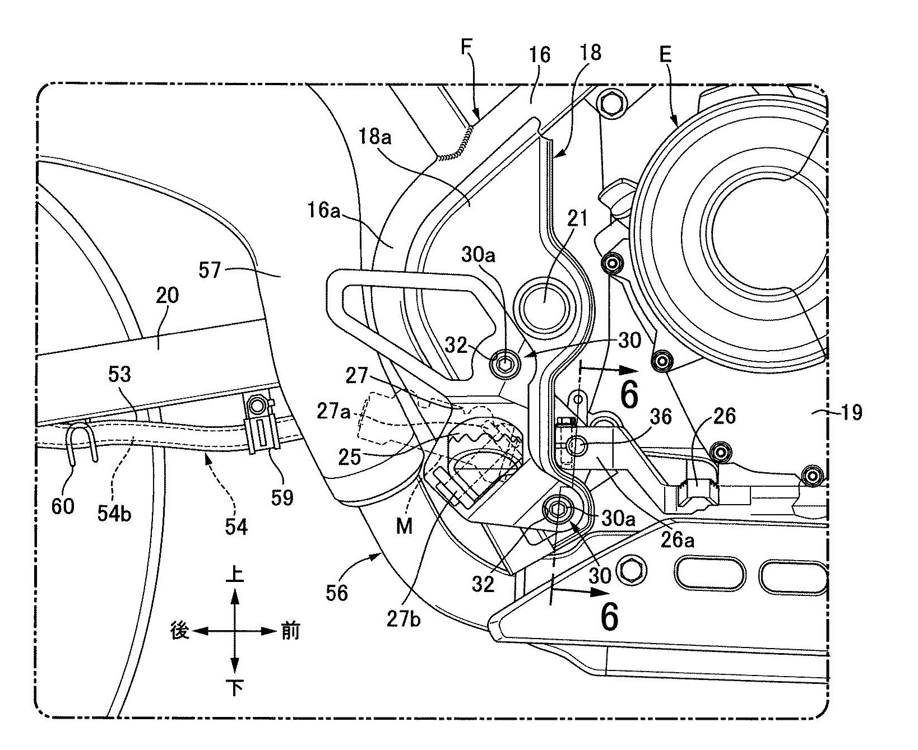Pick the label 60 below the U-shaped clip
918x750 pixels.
(62, 507)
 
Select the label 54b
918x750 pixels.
(114, 514)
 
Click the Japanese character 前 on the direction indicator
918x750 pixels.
(290, 632)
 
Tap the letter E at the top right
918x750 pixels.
(666, 55)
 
